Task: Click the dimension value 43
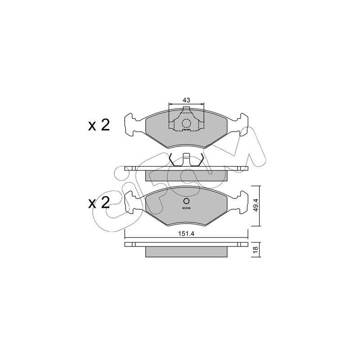click(x=186, y=100)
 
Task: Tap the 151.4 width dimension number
click(x=186, y=234)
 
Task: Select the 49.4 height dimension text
click(x=256, y=206)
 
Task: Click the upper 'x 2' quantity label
click(x=99, y=126)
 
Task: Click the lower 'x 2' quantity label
click(x=99, y=203)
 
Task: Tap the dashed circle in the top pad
click(x=186, y=123)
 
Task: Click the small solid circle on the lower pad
click(x=186, y=201)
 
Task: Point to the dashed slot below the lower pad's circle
click(x=186, y=208)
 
